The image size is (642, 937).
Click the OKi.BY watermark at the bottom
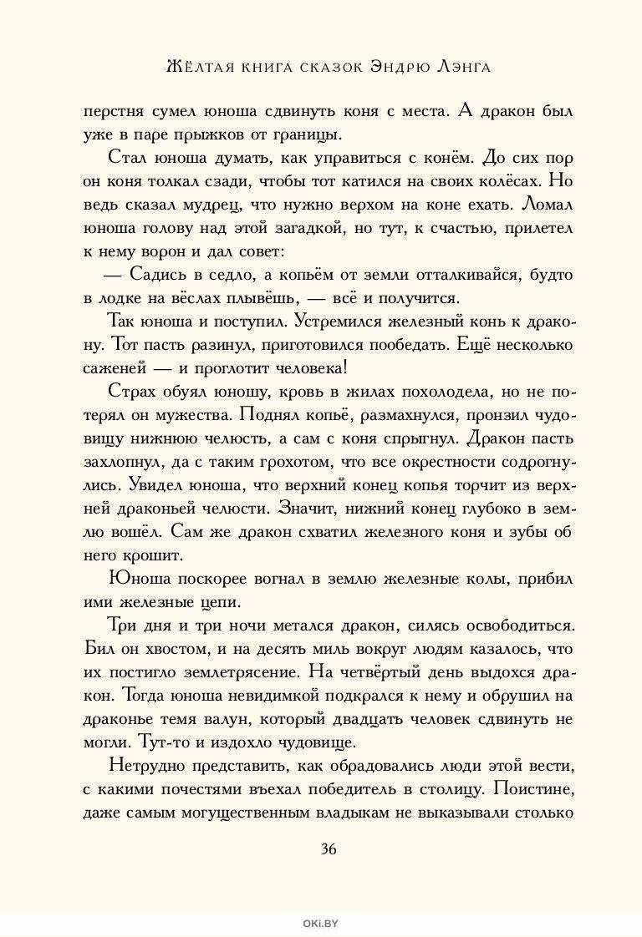[321, 922]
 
